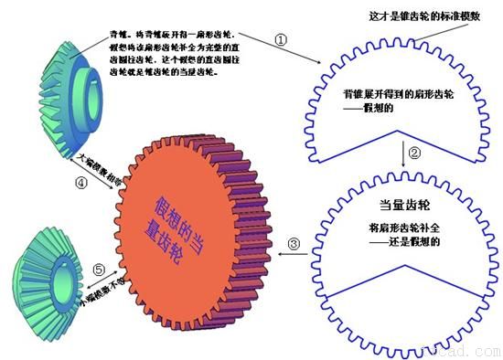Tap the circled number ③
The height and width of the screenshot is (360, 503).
tap(294, 244)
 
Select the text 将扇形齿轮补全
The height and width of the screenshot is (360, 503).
tap(399, 227)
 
